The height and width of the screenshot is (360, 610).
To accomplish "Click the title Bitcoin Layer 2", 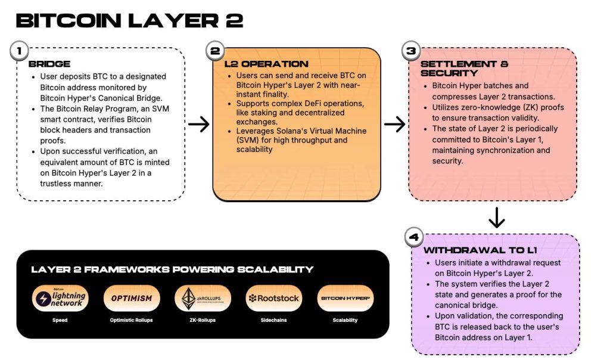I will click(129, 20).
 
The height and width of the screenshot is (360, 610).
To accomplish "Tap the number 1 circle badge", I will click(20, 51).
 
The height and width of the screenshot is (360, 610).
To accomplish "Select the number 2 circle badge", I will click(214, 51).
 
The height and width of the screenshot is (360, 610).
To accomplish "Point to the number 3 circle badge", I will click(410, 51).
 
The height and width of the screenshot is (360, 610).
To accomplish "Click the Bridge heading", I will click(49, 64).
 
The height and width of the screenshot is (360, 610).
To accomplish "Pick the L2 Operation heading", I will click(266, 64).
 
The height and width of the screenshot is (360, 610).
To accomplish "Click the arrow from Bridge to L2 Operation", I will click(198, 124).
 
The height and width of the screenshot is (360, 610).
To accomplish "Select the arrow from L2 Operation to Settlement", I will click(394, 124).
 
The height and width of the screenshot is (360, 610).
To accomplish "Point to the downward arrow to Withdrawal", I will click(496, 218).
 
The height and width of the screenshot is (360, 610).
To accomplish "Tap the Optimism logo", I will click(132, 298).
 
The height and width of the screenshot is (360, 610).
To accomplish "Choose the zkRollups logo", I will click(203, 299).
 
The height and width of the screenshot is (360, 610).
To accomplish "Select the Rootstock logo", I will click(273, 298).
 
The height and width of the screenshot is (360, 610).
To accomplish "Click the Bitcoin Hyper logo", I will click(345, 298).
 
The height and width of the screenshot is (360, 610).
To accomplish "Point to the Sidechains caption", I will click(274, 320).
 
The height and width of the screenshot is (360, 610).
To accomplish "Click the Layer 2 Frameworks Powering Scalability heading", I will click(172, 269).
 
